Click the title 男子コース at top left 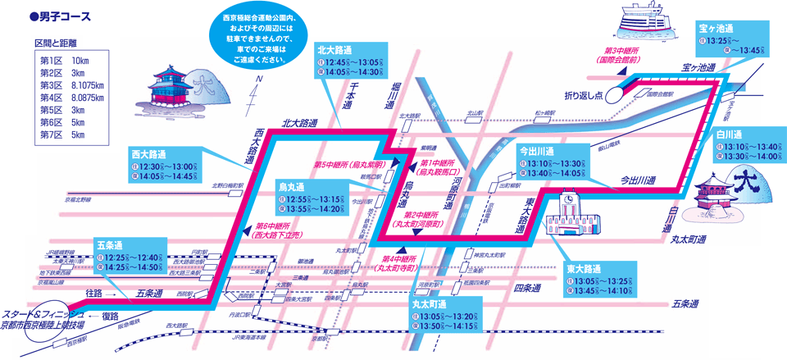tap(61, 16)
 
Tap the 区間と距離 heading tap(59, 42)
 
